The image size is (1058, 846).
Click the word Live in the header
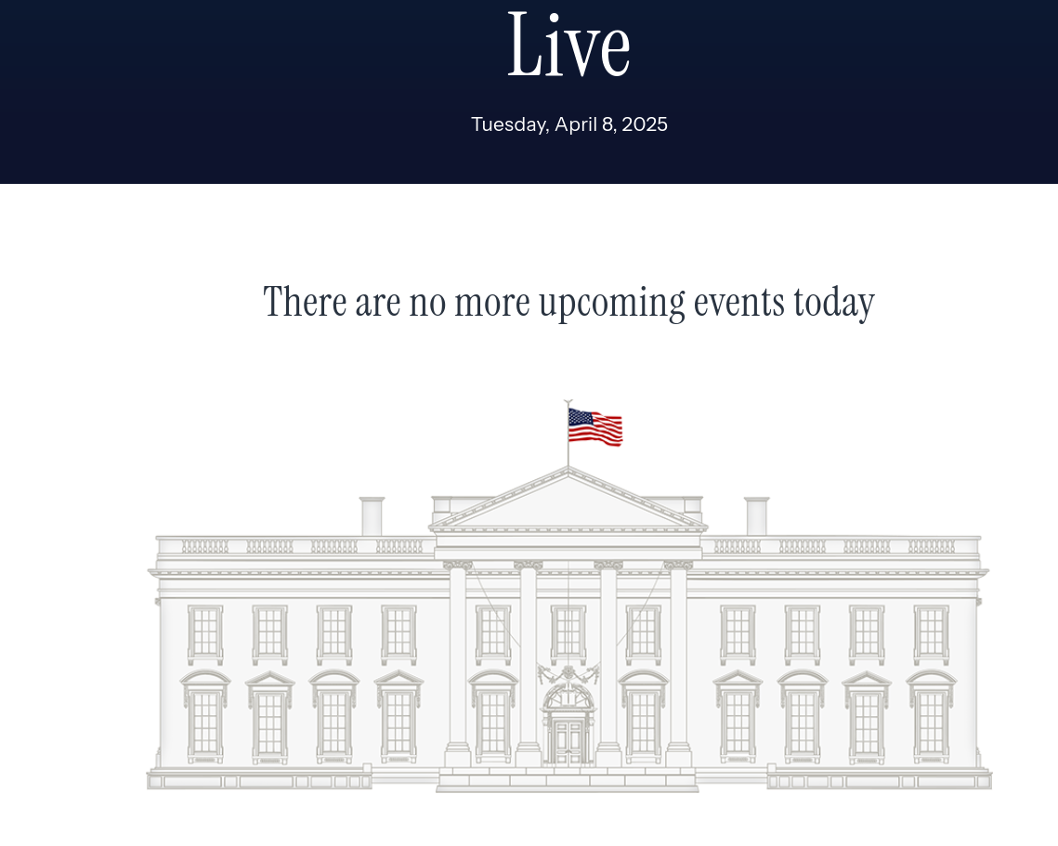pos(568,45)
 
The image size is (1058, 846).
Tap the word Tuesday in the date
pos(509,124)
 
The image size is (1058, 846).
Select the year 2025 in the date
pos(645,124)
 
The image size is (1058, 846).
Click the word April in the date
pos(576,124)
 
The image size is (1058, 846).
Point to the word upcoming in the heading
pos(612,303)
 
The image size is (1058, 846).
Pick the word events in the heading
pos(738,302)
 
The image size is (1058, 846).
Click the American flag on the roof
pos(594,426)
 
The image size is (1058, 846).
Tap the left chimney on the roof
pos(372,516)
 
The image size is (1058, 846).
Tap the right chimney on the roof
pos(756,516)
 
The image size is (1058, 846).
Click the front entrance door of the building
pos(568,742)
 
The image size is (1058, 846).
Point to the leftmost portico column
pos(457,664)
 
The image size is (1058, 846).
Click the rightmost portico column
pos(678,664)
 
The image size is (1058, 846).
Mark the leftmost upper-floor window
pos(205,633)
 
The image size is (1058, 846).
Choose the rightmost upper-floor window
pos(931,633)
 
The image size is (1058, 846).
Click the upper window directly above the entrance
pos(568,633)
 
